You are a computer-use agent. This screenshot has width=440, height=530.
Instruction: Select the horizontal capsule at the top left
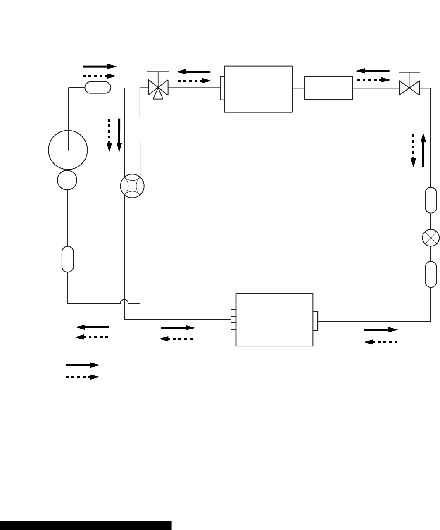(x=98, y=87)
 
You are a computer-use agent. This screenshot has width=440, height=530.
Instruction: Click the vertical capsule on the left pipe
(x=67, y=259)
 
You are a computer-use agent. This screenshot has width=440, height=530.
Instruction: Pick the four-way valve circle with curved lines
(x=132, y=186)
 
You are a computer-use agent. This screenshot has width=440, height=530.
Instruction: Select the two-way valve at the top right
(x=409, y=88)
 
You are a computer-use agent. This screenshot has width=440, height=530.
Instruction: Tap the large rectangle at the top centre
(x=258, y=88)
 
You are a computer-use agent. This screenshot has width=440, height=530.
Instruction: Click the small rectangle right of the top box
(x=328, y=88)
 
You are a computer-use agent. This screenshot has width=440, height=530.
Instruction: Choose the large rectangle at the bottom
(x=274, y=320)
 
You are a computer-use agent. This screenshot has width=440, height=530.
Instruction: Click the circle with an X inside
(x=430, y=237)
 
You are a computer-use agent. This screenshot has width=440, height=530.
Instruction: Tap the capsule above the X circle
(x=430, y=200)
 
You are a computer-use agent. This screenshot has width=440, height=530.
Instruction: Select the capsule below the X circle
(x=430, y=274)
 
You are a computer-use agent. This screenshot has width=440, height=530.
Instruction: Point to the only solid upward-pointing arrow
(x=423, y=149)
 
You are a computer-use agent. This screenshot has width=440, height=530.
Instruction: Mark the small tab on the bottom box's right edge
(x=316, y=321)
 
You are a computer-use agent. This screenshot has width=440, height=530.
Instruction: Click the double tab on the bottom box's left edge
(x=233, y=320)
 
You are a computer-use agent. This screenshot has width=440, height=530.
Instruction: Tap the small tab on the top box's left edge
(x=222, y=88)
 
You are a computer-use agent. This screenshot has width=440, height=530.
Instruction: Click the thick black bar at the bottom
(x=86, y=525)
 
